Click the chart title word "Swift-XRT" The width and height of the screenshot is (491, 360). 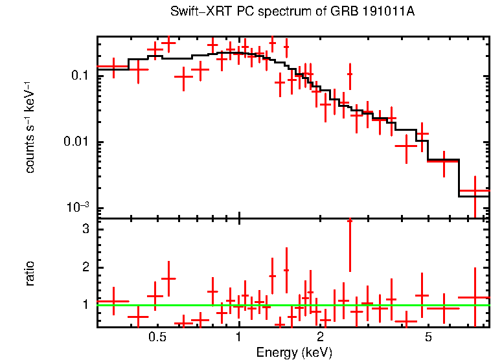tap(194, 12)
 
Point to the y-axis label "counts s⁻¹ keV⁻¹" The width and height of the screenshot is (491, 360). tap(30, 128)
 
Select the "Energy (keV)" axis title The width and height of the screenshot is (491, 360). tap(294, 352)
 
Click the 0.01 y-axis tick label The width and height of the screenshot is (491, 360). tap(76, 142)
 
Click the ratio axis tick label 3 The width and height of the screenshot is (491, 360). tap(85, 230)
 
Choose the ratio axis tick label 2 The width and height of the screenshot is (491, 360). tap(85, 267)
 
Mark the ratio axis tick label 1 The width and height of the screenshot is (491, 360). tap(85, 304)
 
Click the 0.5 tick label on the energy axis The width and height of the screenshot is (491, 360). tap(157, 337)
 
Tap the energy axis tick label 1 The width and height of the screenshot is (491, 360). tap(239, 337)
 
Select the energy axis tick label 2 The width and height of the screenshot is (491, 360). tap(321, 337)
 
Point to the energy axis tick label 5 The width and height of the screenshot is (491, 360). tap(428, 337)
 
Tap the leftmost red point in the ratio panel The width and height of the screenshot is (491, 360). tap(113, 301)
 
